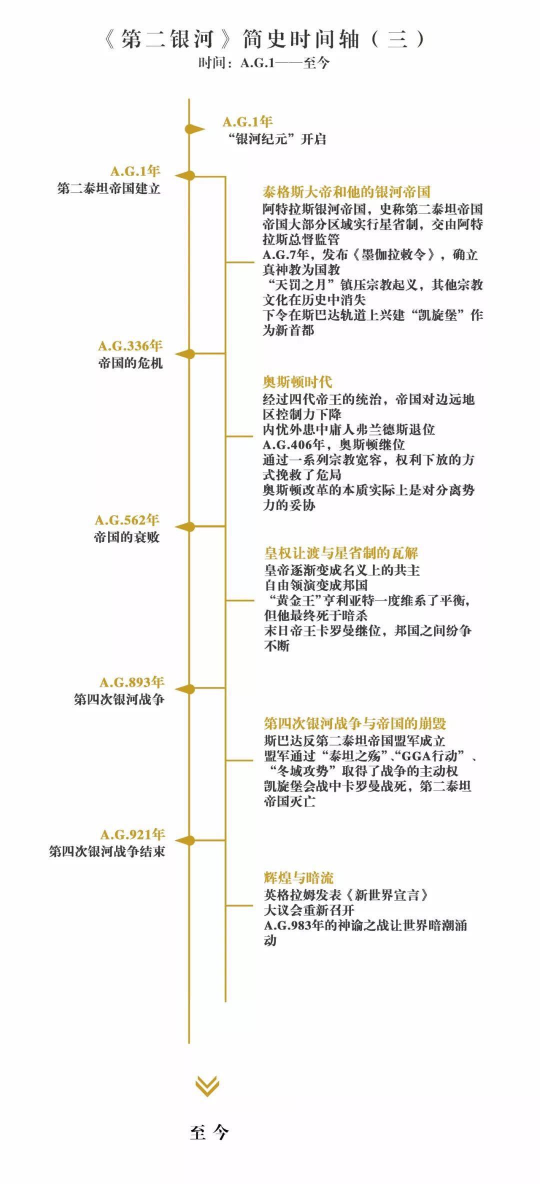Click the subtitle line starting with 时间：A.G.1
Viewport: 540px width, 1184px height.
pos(264,63)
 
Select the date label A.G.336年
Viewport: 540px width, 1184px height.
pos(130,345)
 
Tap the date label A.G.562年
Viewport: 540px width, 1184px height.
pos(127,520)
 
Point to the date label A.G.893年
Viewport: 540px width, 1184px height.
pos(132,682)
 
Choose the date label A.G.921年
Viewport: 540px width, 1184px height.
pos(132,834)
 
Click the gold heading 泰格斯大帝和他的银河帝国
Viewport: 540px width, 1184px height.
pos(346,192)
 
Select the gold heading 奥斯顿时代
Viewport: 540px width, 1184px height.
pos(297,382)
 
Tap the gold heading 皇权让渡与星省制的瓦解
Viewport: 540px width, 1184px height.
pos(341,553)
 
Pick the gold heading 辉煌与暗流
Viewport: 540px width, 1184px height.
pos(298,878)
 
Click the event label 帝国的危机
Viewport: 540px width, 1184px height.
pos(130,363)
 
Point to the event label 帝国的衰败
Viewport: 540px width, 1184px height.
pos(126,537)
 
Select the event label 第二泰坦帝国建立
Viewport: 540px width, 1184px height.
pos(109,188)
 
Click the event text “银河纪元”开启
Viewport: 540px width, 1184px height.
pos(276,139)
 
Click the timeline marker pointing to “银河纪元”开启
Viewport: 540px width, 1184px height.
pos(194,129)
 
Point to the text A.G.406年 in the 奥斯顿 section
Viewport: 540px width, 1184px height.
pos(294,444)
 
